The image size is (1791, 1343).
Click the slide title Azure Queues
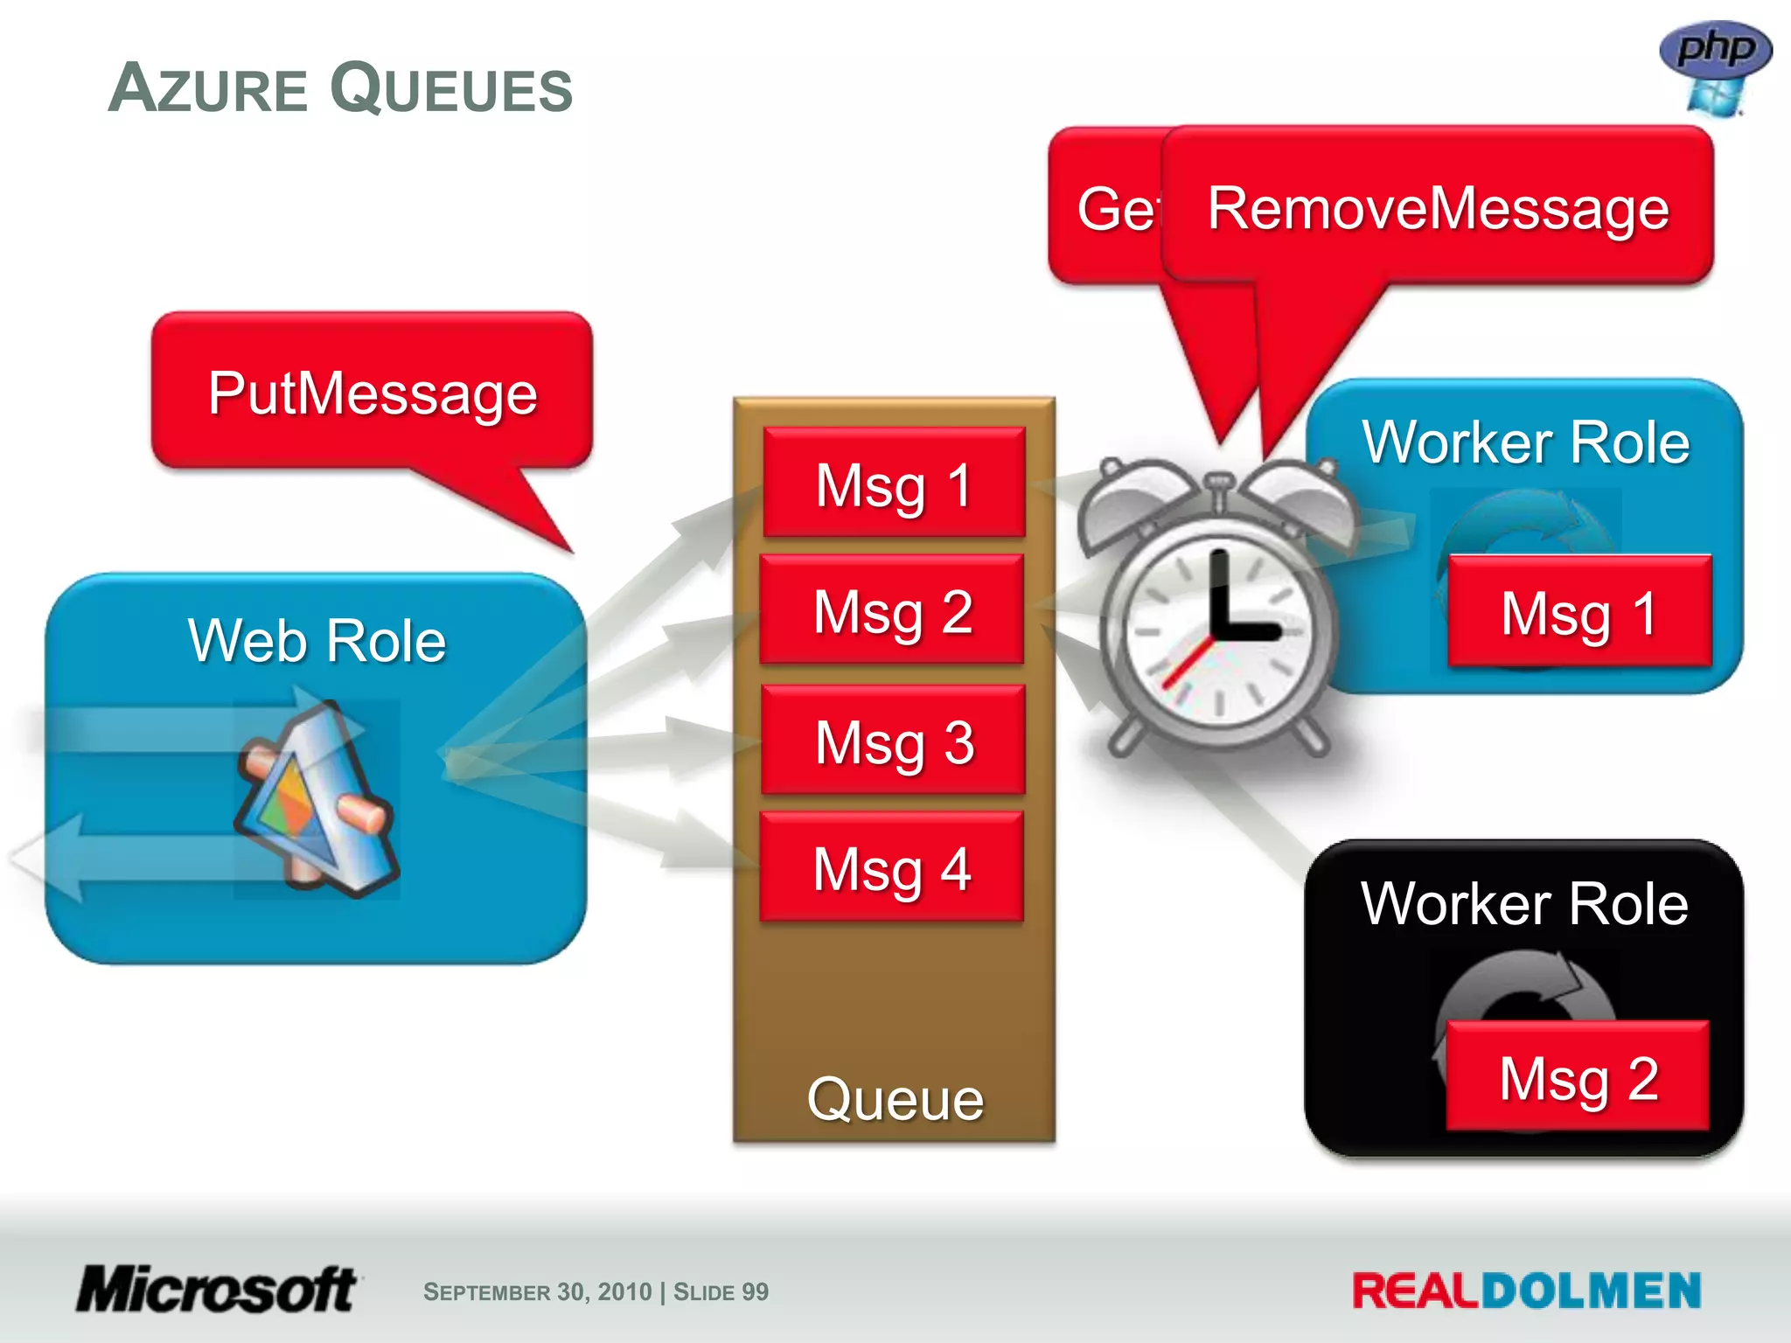340,88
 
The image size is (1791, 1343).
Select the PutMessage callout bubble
373,393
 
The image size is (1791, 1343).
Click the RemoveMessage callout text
1438,209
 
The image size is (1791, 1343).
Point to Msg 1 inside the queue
893,484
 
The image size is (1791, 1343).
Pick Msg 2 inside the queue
892,611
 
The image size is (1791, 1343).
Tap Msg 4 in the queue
891,868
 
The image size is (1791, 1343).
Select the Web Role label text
317,640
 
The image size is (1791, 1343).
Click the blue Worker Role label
1525,442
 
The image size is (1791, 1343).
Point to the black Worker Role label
1524,903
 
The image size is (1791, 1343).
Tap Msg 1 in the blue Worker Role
1578,613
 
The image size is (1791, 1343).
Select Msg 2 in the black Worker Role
1578,1077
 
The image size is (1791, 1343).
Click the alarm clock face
1218,630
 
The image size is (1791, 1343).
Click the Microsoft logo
217,1289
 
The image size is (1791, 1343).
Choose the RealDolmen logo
1526,1291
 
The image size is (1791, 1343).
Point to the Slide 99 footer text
721,1291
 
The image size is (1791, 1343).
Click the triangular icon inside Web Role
315,800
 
